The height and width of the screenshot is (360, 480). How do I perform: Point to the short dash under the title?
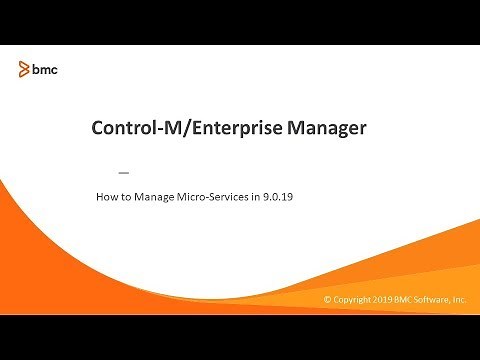pos(124,172)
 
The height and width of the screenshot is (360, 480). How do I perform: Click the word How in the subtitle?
pos(106,197)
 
